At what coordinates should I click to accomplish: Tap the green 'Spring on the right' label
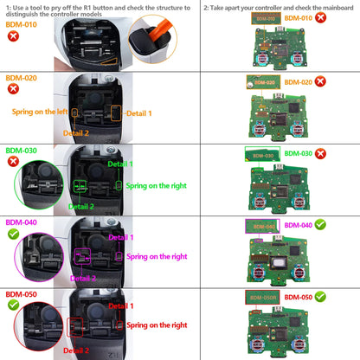pos(156,185)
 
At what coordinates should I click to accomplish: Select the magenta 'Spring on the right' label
pos(156,256)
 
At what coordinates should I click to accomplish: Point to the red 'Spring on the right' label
pos(156,325)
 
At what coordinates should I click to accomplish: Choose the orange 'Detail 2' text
pos(74,133)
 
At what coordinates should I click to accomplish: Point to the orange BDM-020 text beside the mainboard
pos(297,82)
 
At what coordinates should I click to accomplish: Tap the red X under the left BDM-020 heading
pos(14,88)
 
